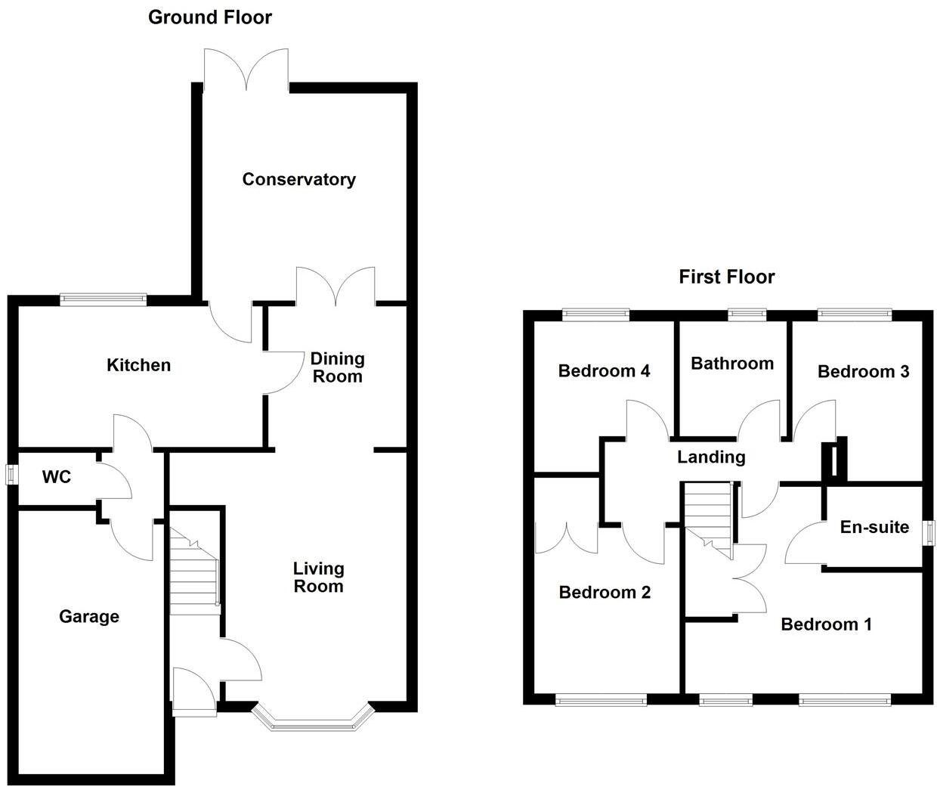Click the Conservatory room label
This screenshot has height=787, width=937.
tap(298, 179)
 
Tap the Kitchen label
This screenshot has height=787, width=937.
tap(138, 365)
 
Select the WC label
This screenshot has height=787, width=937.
tap(57, 477)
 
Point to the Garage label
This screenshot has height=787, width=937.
tap(89, 617)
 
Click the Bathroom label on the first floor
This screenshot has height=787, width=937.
tap(731, 364)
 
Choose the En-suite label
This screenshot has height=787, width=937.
tap(874, 527)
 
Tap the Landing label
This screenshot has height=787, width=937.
tap(710, 457)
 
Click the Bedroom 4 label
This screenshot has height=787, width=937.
tap(604, 370)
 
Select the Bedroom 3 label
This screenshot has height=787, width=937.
tap(863, 371)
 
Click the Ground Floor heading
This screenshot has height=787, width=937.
tap(209, 17)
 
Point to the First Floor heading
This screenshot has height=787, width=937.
tap(726, 277)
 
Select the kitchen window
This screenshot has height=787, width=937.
tap(104, 299)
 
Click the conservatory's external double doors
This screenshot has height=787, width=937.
tap(246, 72)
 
